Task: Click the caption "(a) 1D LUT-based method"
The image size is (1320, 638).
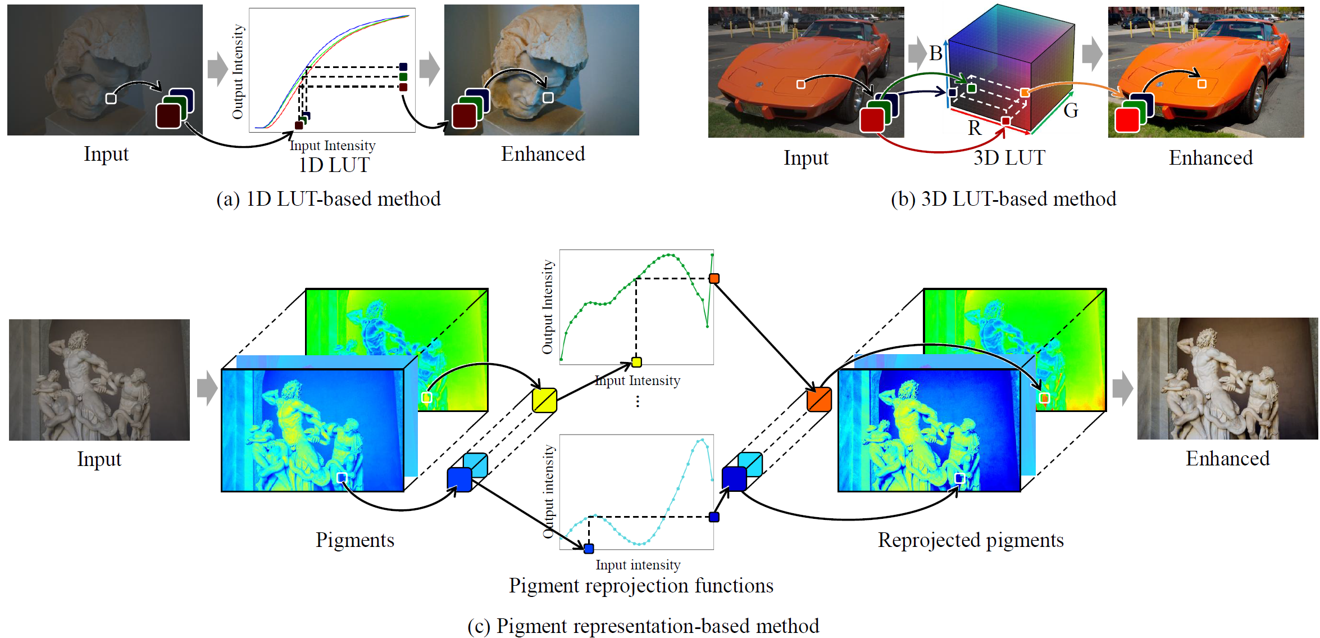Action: point(329,199)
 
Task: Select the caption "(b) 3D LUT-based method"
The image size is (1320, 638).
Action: point(1003,199)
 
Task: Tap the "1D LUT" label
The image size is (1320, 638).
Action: point(334,165)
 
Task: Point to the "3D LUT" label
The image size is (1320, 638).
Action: point(1009,158)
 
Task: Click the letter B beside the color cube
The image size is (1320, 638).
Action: point(935,53)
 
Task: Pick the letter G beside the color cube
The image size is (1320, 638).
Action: point(1071,111)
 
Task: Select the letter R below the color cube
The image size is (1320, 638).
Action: point(975,128)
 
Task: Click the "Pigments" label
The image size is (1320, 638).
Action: point(354,540)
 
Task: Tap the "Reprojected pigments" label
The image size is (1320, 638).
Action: point(971,540)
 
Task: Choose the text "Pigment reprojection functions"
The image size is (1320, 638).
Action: point(641,586)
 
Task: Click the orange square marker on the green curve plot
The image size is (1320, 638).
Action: point(714,278)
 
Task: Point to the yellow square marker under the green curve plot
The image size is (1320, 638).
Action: point(636,362)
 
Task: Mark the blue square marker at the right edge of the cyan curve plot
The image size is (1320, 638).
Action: point(714,517)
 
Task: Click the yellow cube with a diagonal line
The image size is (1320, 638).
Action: point(544,400)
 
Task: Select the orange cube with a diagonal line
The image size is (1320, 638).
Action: point(818,399)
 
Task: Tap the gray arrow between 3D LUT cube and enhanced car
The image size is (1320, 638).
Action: point(1092,54)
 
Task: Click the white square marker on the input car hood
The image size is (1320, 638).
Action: point(801,84)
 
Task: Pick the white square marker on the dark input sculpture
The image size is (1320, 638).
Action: point(111,99)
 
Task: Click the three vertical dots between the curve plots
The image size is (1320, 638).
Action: point(638,401)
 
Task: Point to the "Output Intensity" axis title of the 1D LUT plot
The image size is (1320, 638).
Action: point(238,71)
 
